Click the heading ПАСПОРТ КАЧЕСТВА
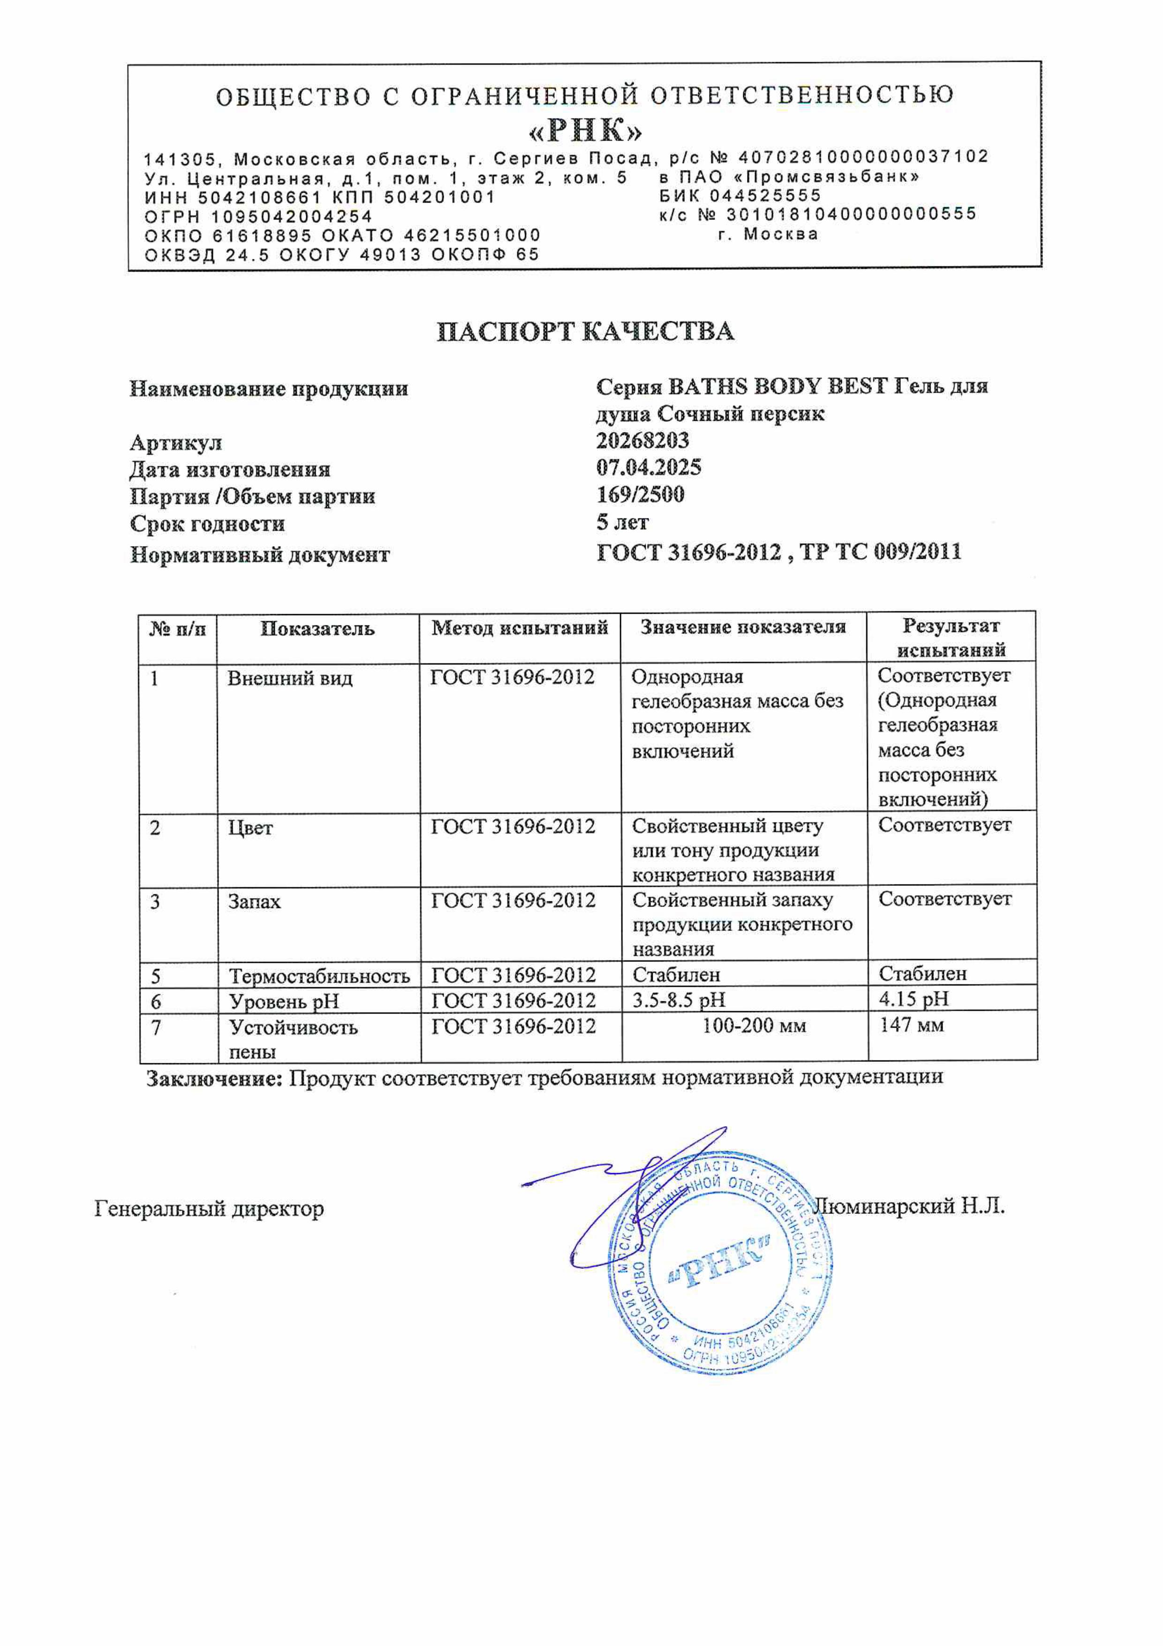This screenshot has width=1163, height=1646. click(585, 331)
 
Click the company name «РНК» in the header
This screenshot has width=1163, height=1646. click(585, 130)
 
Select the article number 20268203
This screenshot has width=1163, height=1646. click(643, 440)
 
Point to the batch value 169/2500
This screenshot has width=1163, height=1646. click(640, 495)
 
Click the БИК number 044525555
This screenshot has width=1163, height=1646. click(765, 196)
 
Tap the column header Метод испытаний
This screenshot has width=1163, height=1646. click(520, 628)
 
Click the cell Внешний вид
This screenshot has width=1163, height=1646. click(289, 678)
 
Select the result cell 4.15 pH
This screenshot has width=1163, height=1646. click(914, 998)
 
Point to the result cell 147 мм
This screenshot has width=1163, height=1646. click(912, 1025)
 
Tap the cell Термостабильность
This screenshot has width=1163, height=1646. click(319, 975)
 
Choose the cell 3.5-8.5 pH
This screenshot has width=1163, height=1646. click(679, 999)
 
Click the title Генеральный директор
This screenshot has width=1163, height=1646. click(209, 1209)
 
